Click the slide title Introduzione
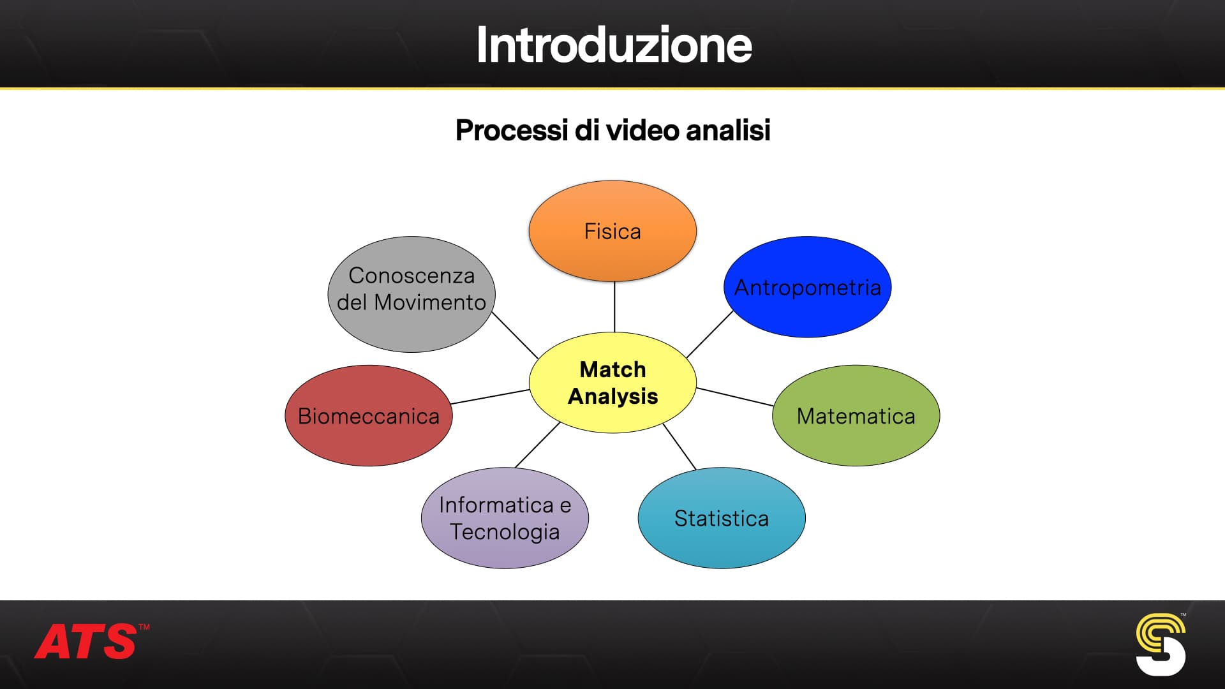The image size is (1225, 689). click(614, 45)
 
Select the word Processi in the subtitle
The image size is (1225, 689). click(512, 130)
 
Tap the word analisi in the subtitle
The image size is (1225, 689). click(728, 130)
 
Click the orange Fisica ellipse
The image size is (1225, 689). click(612, 231)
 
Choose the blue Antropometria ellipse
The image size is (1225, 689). click(807, 287)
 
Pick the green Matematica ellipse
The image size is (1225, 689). click(856, 415)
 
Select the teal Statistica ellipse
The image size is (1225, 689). click(722, 518)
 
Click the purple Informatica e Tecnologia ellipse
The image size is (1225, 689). click(505, 518)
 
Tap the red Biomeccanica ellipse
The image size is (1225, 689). click(369, 415)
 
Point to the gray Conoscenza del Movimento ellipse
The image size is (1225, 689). click(412, 295)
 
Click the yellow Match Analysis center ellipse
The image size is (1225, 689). click(612, 383)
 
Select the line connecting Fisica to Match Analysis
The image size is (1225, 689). click(614, 307)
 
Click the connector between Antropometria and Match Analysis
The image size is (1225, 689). click(709, 334)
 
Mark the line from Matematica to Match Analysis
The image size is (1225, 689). click(735, 397)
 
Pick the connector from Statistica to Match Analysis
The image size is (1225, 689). click(679, 447)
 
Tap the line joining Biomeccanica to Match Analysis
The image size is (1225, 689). click(490, 397)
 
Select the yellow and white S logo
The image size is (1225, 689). click(1161, 644)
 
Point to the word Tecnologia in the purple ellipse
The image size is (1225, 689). click(505, 532)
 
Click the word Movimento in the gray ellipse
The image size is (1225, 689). click(430, 302)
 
